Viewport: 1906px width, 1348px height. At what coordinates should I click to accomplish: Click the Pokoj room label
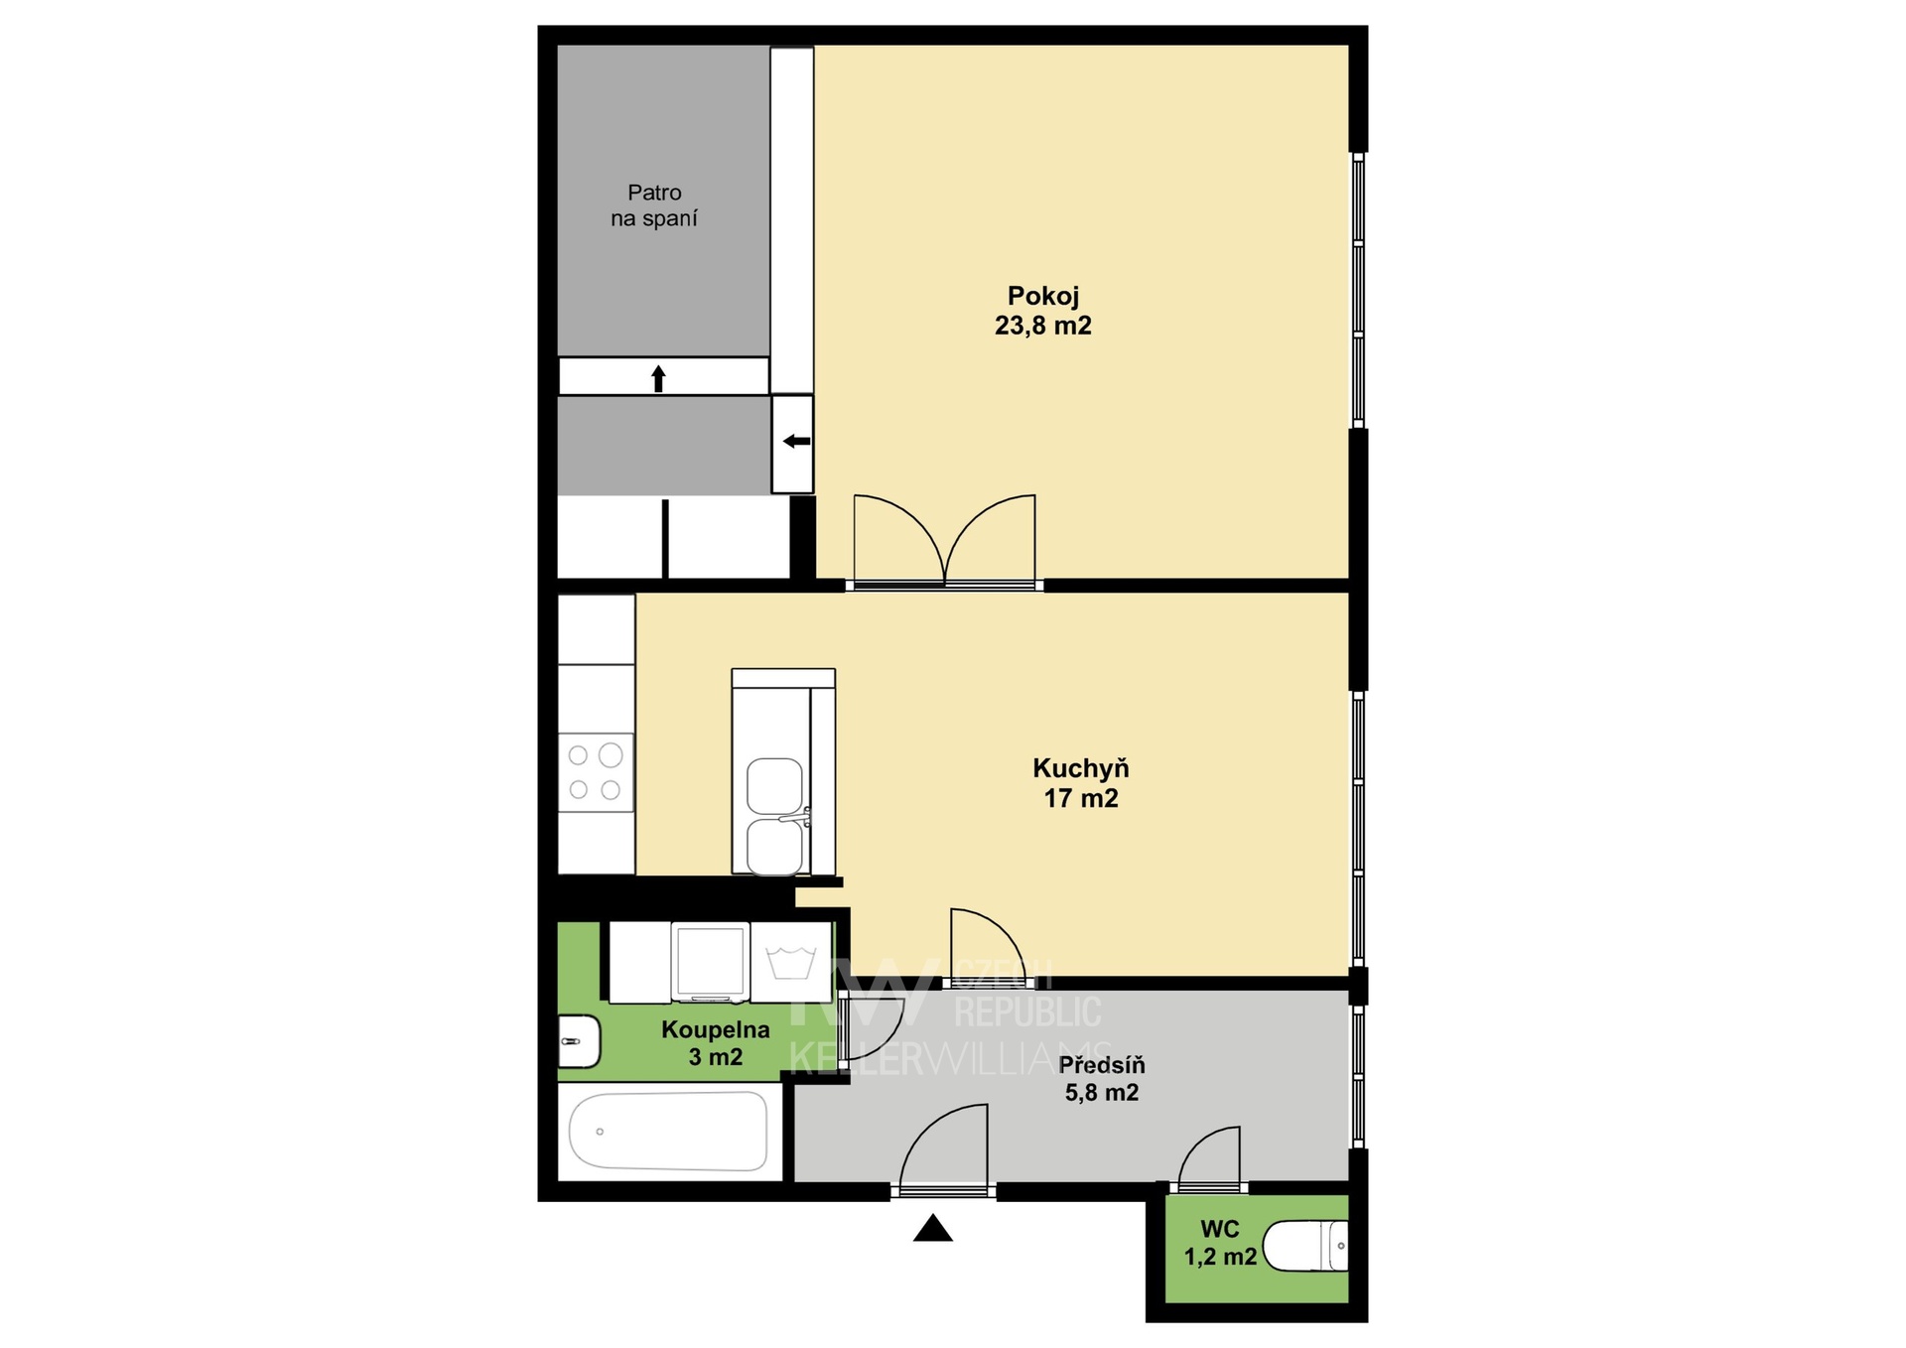click(1042, 296)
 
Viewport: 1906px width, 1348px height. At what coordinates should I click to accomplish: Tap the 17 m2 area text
click(1080, 798)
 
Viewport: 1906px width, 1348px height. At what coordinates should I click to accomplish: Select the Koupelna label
click(715, 1030)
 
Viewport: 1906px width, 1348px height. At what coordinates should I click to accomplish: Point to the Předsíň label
click(1102, 1065)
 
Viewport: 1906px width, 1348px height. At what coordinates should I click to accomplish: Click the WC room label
click(1220, 1229)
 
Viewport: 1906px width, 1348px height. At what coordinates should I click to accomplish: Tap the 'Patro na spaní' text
click(654, 205)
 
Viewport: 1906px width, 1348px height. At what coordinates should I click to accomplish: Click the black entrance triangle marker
click(932, 1229)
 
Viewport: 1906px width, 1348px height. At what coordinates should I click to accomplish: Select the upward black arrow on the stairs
click(657, 378)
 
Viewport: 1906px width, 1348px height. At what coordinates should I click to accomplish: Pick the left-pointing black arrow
click(796, 441)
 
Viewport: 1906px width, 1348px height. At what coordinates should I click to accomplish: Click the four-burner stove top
click(596, 772)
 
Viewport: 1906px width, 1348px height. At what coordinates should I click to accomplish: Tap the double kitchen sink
click(774, 816)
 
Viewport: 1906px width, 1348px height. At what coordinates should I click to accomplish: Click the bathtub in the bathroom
click(668, 1131)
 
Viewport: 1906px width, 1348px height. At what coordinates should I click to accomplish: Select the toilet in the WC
click(1309, 1246)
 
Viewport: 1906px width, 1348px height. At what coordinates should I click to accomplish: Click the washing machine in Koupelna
click(710, 962)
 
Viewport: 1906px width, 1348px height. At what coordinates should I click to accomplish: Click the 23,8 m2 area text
click(1042, 326)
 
